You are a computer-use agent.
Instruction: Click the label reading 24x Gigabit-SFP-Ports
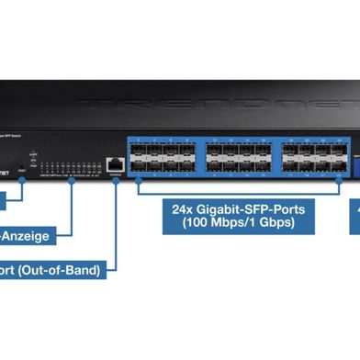238,208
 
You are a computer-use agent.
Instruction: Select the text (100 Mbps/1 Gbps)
238,222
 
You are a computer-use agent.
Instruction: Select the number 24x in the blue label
181,208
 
